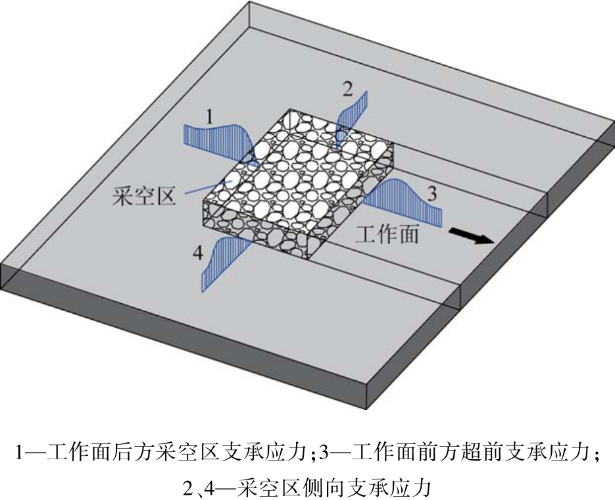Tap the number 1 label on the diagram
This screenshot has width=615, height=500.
point(209,118)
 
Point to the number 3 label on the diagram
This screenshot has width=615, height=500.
point(431,193)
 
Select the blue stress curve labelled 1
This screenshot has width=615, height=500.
point(217,140)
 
